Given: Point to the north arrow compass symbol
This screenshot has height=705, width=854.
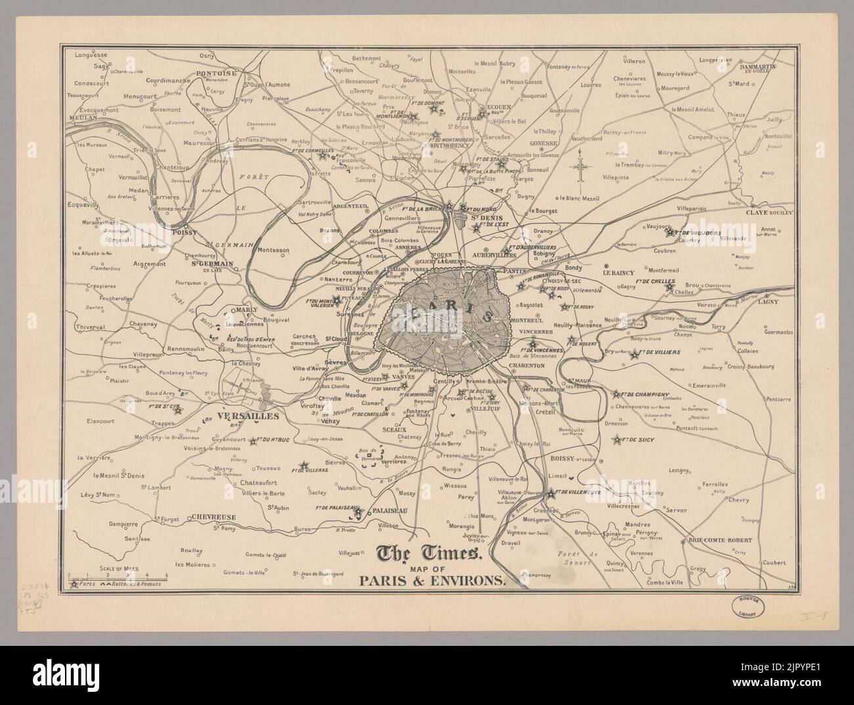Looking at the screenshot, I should coord(581,168).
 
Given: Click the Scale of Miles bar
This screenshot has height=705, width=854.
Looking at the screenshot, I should coord(118,575).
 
